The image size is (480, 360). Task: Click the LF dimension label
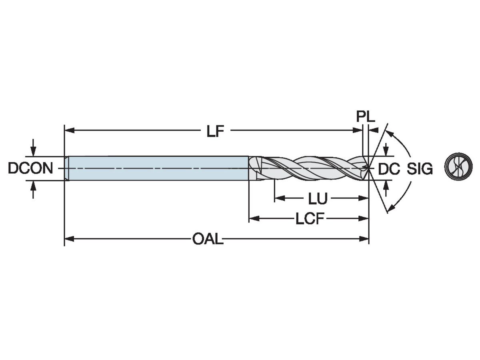tap(215, 132)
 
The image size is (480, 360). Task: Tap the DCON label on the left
tap(30, 169)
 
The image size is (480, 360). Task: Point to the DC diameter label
tap(389, 170)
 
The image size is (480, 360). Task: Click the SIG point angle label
tap(420, 170)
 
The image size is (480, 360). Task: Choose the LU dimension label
tap(318, 198)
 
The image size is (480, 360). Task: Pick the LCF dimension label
tap(309, 219)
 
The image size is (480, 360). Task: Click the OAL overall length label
tap(208, 240)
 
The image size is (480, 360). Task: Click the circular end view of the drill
tap(458, 166)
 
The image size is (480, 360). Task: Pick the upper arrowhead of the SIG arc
tap(390, 133)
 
